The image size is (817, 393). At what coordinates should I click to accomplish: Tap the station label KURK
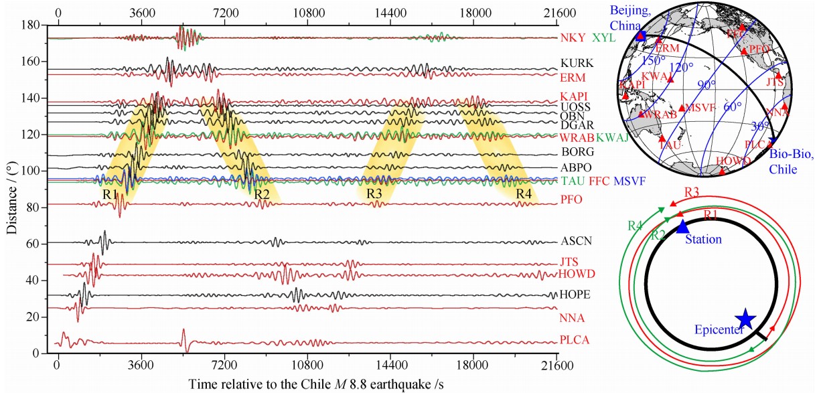pyautogui.click(x=577, y=64)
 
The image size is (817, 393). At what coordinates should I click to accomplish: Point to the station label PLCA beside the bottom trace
pyautogui.click(x=575, y=340)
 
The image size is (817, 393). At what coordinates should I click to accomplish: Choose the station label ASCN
pyautogui.click(x=577, y=241)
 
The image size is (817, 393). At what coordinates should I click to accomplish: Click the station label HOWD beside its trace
pyautogui.click(x=577, y=274)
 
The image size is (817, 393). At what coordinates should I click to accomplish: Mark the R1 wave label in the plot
pyautogui.click(x=110, y=194)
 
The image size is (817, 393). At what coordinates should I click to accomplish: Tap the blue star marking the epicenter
pyautogui.click(x=745, y=320)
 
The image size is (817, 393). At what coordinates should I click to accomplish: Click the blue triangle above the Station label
pyautogui.click(x=682, y=226)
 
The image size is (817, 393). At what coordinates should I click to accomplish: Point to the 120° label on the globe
pyautogui.click(x=682, y=68)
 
